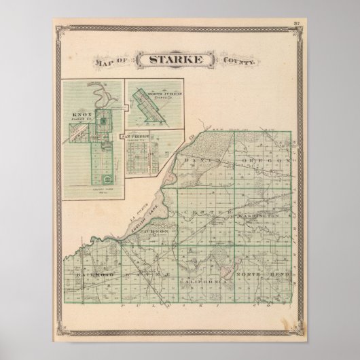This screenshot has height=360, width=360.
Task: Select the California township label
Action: [202, 280]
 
